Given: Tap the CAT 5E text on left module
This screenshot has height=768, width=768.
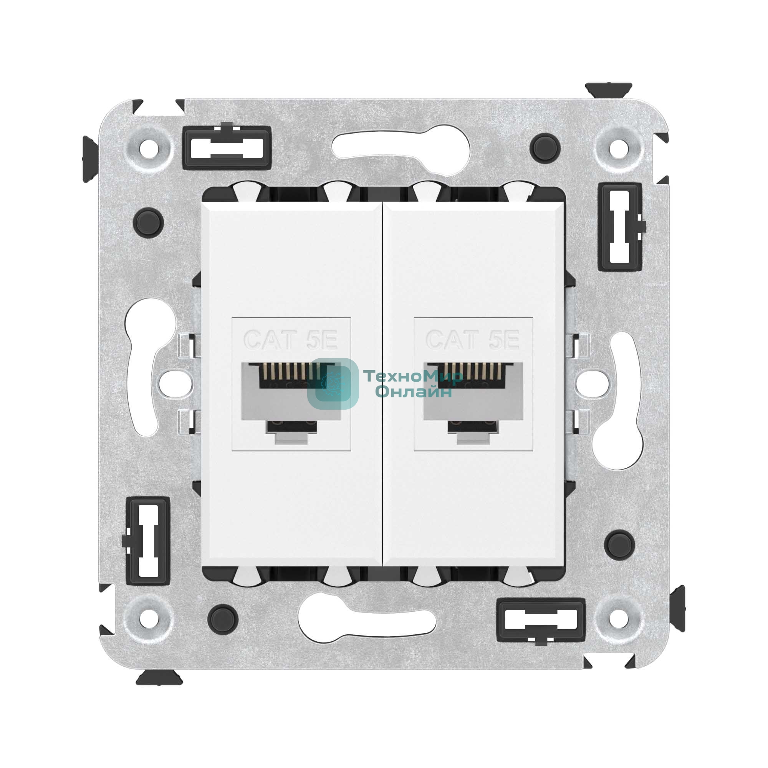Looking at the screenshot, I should (x=291, y=340).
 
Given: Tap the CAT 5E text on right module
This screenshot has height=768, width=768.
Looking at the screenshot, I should (x=473, y=340).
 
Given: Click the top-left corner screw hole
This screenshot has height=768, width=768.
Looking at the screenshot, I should (x=149, y=150).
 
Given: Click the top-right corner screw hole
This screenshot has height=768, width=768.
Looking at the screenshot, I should (x=619, y=150).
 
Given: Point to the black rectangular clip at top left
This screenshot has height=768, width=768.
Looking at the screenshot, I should (x=227, y=147).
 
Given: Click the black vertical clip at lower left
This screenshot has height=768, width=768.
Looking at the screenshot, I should (x=148, y=541).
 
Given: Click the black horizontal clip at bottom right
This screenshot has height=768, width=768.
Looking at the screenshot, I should (x=541, y=621).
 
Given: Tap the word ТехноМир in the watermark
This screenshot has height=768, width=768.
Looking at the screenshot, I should (x=413, y=376).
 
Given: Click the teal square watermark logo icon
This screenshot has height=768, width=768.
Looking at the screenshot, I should (x=333, y=384).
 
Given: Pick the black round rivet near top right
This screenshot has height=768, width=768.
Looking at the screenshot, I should (x=545, y=148).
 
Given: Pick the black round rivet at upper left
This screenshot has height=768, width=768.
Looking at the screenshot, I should (x=149, y=222).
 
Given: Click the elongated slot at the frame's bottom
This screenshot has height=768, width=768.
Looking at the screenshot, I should (x=368, y=621).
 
